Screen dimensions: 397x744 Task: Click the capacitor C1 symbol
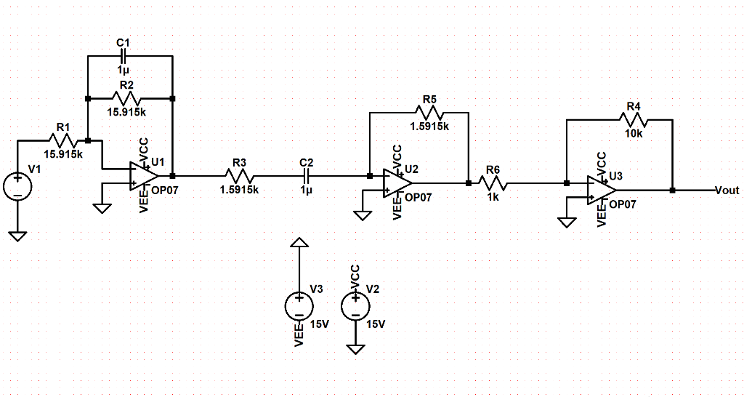[x=124, y=56]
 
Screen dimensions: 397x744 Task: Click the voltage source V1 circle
[x=17, y=185]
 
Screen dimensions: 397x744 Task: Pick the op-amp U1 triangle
[x=143, y=176]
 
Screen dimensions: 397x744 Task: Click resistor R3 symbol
[x=240, y=176]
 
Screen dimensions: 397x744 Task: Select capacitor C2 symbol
[x=306, y=176]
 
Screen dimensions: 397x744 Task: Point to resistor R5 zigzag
[x=429, y=112]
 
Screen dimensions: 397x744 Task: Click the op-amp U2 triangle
[x=397, y=183]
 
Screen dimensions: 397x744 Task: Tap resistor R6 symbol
[x=493, y=183]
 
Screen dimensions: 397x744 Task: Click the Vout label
[x=727, y=191]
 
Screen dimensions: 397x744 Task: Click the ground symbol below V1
[x=17, y=236]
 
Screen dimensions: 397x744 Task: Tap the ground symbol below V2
[x=355, y=349]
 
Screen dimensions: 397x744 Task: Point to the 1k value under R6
[x=493, y=197]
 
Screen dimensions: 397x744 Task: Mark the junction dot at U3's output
[x=673, y=191]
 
